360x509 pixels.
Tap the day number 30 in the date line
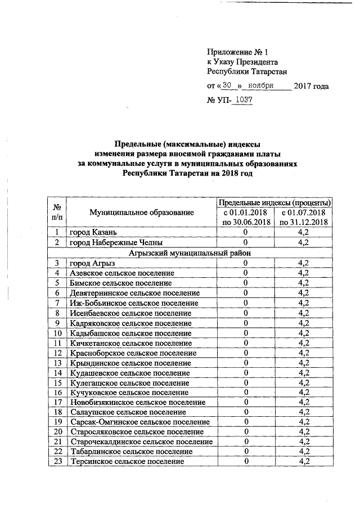coord(227,85)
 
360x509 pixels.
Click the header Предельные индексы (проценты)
coord(274,202)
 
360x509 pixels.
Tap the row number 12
coord(57,353)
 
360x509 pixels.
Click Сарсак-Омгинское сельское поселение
coord(139,422)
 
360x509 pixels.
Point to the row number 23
coord(57,462)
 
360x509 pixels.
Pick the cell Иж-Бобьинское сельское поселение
coord(130,303)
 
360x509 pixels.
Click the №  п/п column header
coord(57,212)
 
